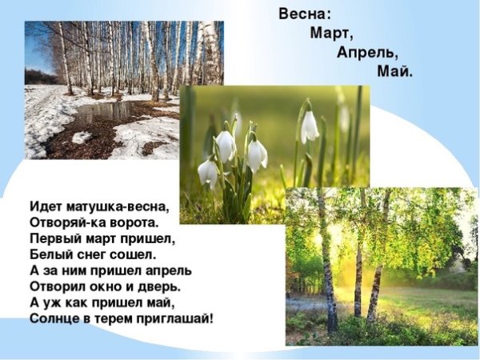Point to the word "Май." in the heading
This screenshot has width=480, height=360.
click(x=395, y=72)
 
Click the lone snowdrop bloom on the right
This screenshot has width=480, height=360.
click(x=310, y=126)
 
